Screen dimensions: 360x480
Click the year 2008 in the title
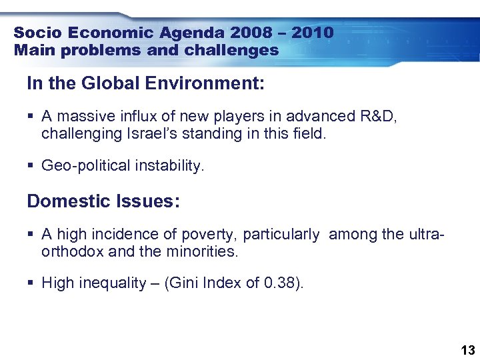tap(257, 33)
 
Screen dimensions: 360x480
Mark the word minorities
tap(200, 251)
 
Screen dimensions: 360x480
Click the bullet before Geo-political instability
tap(31, 165)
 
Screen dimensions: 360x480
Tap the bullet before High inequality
tap(31, 283)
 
